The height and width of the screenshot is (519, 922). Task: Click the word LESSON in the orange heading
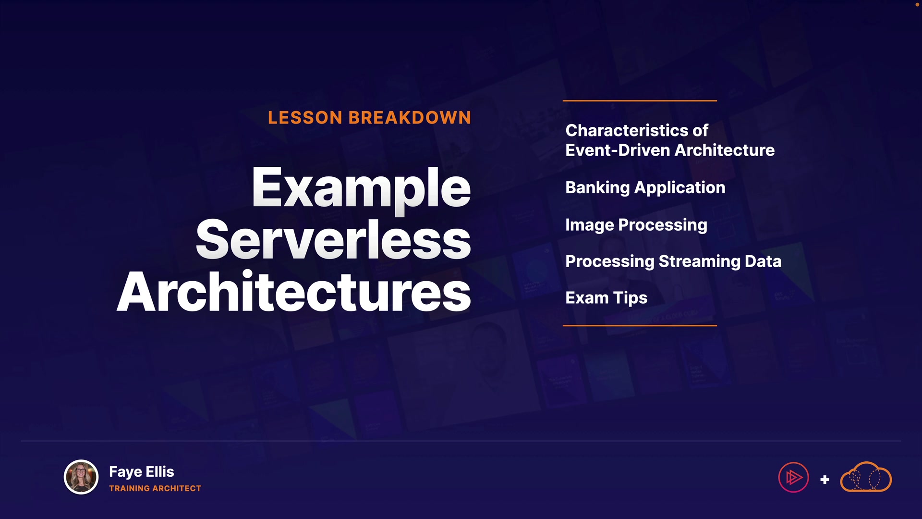tap(305, 118)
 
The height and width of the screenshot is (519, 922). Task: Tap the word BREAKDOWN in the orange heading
tap(410, 118)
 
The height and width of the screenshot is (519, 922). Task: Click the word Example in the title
tap(361, 189)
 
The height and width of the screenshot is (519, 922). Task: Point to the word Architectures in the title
tap(294, 292)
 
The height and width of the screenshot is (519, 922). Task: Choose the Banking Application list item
tap(645, 188)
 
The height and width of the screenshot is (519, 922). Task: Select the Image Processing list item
tap(636, 225)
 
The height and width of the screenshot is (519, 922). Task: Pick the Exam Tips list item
tap(607, 298)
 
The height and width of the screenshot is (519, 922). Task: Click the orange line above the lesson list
tap(640, 101)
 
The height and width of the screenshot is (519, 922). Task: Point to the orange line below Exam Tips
tap(640, 325)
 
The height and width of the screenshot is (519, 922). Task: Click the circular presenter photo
tap(81, 477)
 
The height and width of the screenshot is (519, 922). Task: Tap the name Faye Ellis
tap(142, 472)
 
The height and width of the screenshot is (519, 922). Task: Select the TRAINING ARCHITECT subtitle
tap(155, 488)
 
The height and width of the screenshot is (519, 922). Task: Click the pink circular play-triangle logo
tap(793, 477)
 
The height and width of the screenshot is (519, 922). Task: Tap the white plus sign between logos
tap(825, 480)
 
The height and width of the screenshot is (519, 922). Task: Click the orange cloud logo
tap(866, 477)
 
